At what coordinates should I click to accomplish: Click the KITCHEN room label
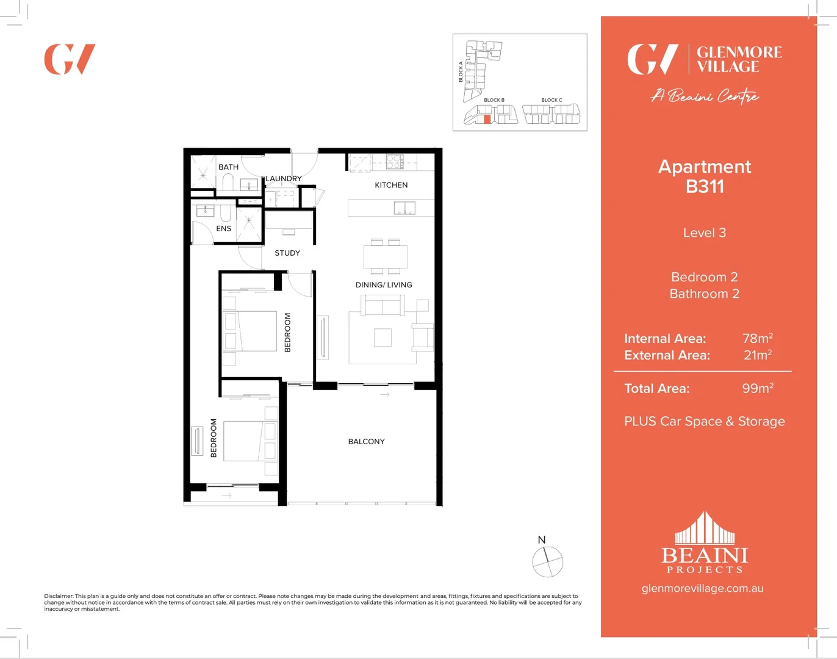click(x=391, y=185)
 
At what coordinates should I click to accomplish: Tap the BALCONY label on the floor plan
click(x=366, y=441)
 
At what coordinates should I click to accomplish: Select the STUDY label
click(x=287, y=253)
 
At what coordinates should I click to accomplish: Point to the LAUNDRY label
click(x=283, y=178)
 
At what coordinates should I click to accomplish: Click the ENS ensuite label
click(x=223, y=228)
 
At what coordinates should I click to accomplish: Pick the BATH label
click(x=228, y=167)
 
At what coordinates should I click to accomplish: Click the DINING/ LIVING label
click(x=384, y=284)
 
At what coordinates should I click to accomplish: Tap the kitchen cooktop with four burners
click(x=394, y=161)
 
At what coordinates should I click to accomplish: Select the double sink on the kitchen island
click(x=404, y=208)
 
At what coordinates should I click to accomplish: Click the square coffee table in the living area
click(x=383, y=337)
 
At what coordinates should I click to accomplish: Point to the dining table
click(x=385, y=256)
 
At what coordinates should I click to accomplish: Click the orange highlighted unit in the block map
click(x=487, y=119)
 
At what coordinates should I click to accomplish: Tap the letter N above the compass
click(x=541, y=539)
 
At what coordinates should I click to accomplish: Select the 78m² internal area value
click(x=757, y=338)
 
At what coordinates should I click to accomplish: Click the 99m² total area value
click(x=757, y=388)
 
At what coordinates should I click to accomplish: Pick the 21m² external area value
click(x=757, y=355)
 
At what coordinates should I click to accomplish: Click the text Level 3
click(x=704, y=232)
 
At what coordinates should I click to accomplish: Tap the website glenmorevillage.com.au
click(x=702, y=588)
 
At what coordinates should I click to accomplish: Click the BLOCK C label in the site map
click(x=551, y=100)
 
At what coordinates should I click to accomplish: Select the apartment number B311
click(x=705, y=187)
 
